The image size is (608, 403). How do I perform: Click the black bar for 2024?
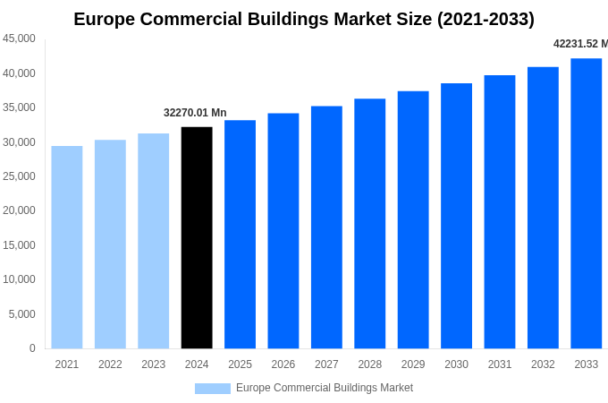coord(197,237)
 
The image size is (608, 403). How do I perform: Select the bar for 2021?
coord(67,247)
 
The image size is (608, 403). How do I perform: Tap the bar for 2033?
coord(586,203)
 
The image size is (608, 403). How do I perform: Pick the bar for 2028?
coord(369,224)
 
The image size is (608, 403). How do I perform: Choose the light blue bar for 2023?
coord(153,241)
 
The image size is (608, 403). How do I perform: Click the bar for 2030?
coord(456,216)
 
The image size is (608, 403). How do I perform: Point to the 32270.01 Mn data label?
coord(195,113)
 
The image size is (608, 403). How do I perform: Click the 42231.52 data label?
coord(579,44)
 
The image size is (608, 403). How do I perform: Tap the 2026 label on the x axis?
coord(283,364)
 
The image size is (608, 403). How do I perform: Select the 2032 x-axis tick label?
coord(543,364)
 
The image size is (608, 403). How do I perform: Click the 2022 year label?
coord(110,364)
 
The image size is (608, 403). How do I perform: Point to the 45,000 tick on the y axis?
coord(20,39)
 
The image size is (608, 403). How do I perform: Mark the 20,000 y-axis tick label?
coord(20,210)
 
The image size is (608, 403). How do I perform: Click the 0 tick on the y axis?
coord(32,348)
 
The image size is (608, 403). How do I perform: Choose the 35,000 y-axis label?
coord(20,107)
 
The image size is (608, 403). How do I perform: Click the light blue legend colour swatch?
coord(212,389)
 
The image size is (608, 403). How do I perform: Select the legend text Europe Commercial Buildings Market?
coord(325,388)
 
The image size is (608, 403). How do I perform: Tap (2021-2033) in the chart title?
coord(486,19)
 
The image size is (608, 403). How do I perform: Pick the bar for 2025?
coord(240,235)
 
